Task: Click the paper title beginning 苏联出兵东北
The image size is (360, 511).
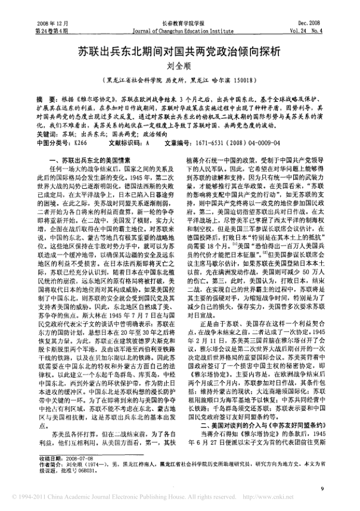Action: (179, 52)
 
